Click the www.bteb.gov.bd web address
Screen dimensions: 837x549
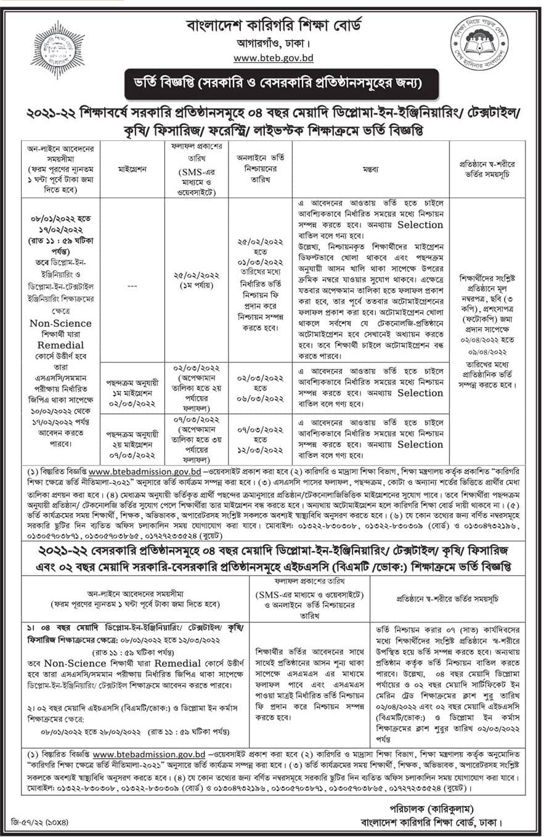click(x=274, y=58)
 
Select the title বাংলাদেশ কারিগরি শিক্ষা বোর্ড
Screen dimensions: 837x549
click(x=274, y=26)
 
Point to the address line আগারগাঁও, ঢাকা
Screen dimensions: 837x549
click(x=274, y=44)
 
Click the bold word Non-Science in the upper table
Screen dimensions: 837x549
click(x=60, y=323)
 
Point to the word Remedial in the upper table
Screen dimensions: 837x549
click(x=60, y=346)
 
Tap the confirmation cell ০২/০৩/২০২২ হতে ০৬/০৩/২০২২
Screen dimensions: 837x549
click(x=259, y=384)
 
